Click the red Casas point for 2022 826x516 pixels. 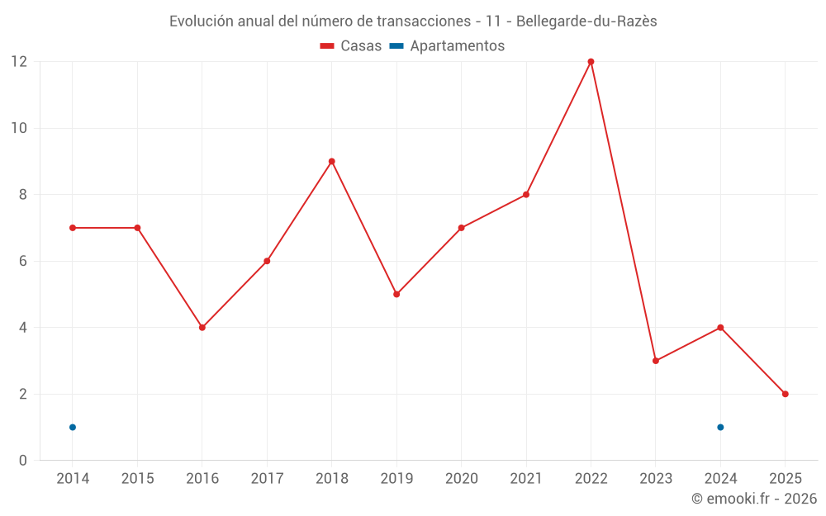click(x=591, y=62)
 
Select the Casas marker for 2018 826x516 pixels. click(x=332, y=162)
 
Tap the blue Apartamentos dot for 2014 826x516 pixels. click(x=73, y=427)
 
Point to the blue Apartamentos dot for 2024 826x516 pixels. click(x=720, y=427)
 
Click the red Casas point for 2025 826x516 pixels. click(x=786, y=394)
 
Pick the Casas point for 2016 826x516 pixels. click(x=202, y=328)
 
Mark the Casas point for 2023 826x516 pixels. click(x=656, y=361)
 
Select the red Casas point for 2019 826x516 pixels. click(x=396, y=294)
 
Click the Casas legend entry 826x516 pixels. click(x=351, y=46)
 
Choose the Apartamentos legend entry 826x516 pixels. click(x=447, y=46)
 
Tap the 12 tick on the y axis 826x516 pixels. click(x=19, y=62)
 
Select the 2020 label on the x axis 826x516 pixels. click(x=461, y=479)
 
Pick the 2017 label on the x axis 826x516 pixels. click(x=267, y=479)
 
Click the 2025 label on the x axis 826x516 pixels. click(x=786, y=479)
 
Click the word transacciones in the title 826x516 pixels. click(x=415, y=21)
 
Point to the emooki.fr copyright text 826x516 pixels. click(x=754, y=499)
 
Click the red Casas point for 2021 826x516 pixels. click(x=526, y=195)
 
